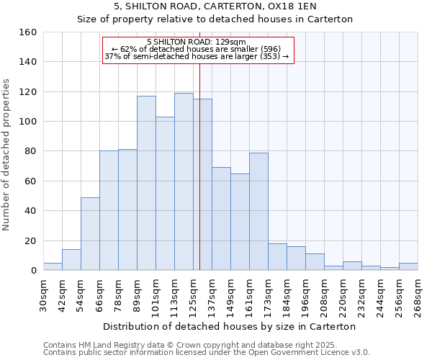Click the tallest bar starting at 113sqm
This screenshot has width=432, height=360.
(184, 181)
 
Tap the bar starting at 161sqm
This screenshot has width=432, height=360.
(258, 211)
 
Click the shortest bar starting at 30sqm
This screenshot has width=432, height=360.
(53, 266)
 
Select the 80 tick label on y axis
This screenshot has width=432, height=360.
(30, 151)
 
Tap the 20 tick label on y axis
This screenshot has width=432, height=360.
(30, 240)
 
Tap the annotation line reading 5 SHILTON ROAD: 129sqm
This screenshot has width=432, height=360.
(197, 42)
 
